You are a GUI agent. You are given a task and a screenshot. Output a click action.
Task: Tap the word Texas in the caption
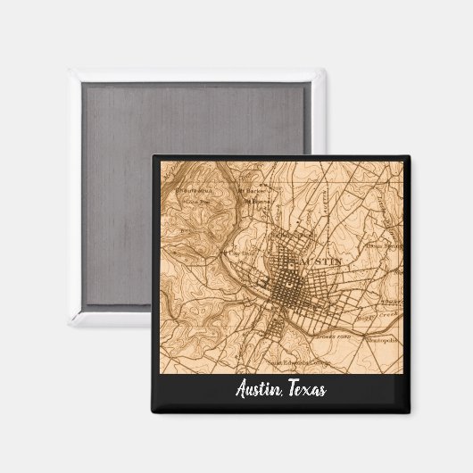pyautogui.click(x=305, y=390)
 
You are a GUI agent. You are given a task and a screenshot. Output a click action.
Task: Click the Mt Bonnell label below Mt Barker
pyautogui.click(x=259, y=202)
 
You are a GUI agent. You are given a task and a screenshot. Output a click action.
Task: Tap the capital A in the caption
pyautogui.click(x=241, y=390)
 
